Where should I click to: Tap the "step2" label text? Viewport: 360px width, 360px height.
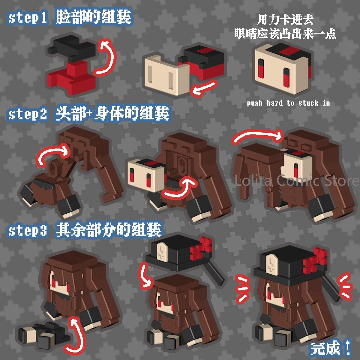(28, 114)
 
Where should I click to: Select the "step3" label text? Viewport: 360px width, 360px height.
(28, 230)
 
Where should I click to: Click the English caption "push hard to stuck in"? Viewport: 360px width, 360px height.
(288, 103)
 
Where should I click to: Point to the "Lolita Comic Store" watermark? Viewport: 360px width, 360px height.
(297, 181)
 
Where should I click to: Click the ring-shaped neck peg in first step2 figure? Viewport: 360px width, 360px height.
(54, 167)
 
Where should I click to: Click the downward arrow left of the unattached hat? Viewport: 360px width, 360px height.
(145, 277)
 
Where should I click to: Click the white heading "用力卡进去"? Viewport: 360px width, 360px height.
(285, 20)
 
